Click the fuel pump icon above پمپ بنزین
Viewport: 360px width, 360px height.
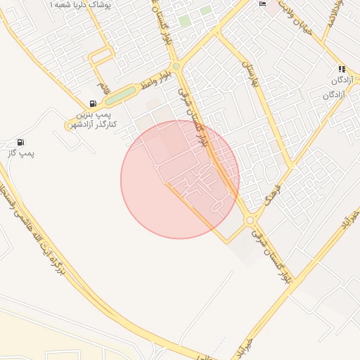tap(93, 103)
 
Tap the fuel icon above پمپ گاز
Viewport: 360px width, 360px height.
tap(20, 143)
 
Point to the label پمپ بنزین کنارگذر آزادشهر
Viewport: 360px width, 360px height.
tap(92, 119)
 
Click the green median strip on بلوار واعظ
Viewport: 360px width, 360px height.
tap(120, 95)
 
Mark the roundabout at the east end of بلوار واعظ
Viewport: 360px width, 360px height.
tap(176, 67)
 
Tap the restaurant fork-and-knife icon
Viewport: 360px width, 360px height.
tap(341, 70)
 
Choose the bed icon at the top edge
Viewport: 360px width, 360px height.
tap(262, 4)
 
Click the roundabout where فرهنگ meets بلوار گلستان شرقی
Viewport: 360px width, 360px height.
tap(250, 221)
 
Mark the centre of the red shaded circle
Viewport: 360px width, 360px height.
tap(180, 179)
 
